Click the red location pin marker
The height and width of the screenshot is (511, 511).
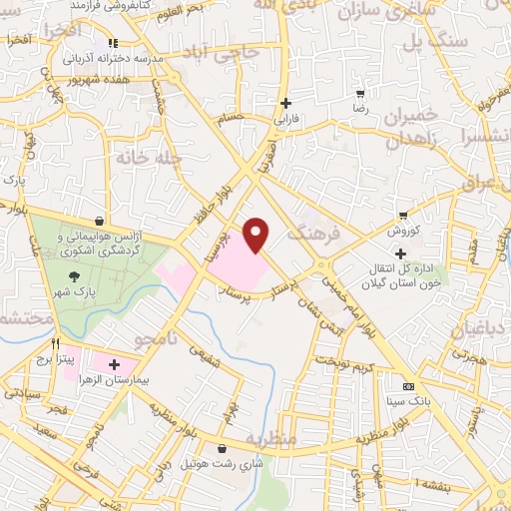tap(256, 234)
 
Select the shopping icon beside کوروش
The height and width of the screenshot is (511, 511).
tap(403, 215)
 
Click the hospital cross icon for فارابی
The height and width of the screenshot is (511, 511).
tap(286, 103)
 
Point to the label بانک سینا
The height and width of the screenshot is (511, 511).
tap(409, 401)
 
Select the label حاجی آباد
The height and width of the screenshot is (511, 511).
tap(238, 56)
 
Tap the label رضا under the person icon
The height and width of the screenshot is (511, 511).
tap(359, 104)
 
